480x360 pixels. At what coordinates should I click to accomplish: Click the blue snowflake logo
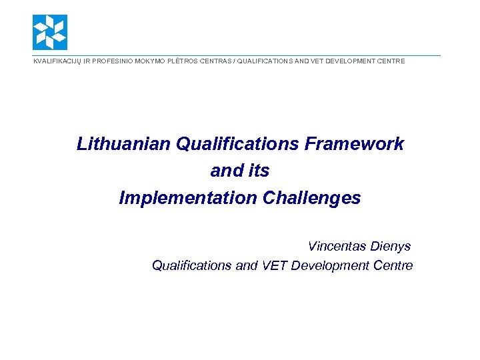coord(50,32)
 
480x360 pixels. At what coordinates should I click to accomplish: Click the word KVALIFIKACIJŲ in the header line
coord(55,61)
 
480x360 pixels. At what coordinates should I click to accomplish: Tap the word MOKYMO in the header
coord(151,61)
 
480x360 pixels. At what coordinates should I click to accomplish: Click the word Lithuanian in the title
coord(124,144)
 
